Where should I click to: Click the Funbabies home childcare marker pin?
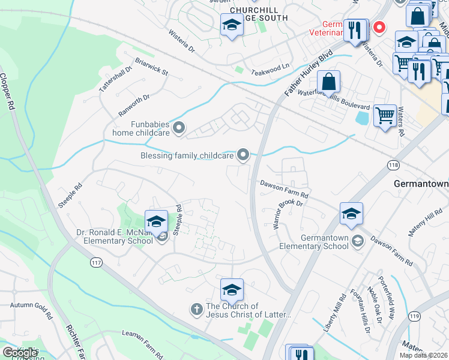pos(178,127)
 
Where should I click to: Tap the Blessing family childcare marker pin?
pos(243,155)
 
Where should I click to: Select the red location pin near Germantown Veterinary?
pos(379,27)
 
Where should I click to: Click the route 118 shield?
pos(393,164)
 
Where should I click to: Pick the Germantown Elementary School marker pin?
pos(357,241)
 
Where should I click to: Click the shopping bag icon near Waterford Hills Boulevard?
pos(329,82)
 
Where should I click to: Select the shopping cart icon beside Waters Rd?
pos(385,115)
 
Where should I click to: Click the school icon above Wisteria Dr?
pos(231,26)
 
